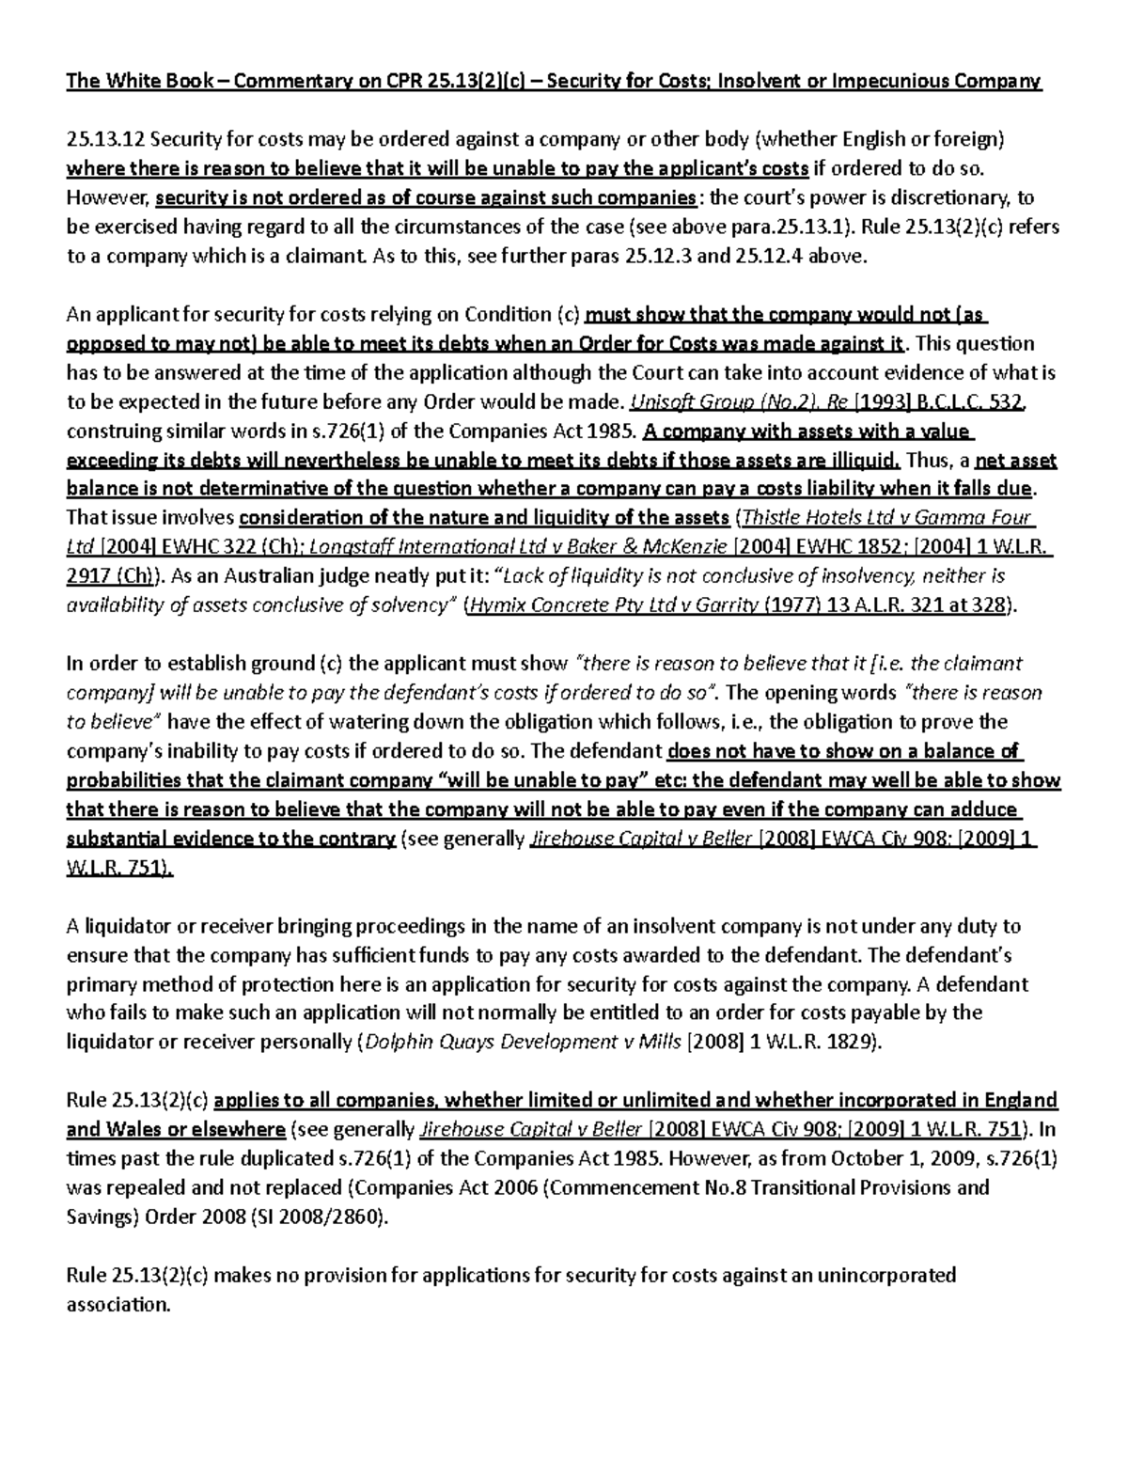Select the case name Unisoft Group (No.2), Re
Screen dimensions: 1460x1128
(738, 402)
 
